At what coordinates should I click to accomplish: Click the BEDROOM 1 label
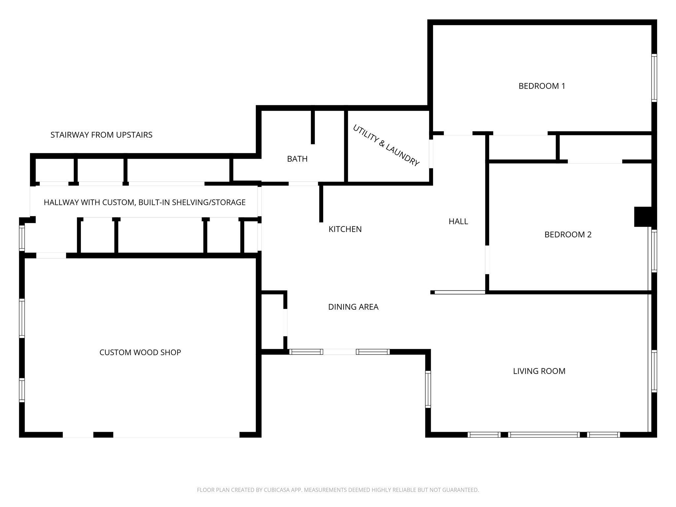[x=542, y=86]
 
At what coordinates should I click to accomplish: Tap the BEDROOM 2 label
[x=568, y=235]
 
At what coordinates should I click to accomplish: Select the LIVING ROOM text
[x=539, y=371]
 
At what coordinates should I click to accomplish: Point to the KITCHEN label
[x=345, y=229]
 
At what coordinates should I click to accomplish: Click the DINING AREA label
[x=353, y=307]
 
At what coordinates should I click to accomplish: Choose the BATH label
[x=297, y=159]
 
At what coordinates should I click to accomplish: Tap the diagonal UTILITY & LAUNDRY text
[x=386, y=146]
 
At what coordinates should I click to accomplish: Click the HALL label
[x=458, y=221]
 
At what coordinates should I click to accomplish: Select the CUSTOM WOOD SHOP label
[x=140, y=353]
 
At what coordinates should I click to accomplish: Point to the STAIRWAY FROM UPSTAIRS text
[x=101, y=135]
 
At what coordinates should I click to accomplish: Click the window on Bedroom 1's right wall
[x=654, y=78]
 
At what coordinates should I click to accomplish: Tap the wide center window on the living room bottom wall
[x=544, y=435]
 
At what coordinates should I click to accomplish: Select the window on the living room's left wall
[x=428, y=389]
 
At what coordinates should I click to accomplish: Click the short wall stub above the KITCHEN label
[x=321, y=203]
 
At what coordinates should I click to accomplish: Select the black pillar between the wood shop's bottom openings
[x=103, y=435]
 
